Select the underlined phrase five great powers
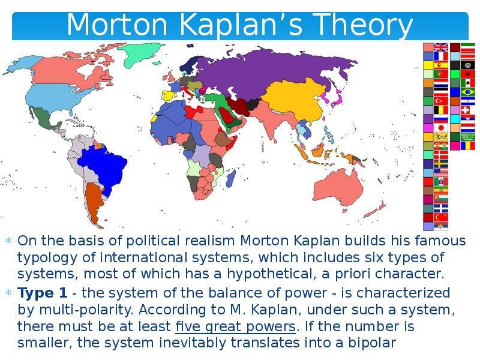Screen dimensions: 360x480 click(x=235, y=327)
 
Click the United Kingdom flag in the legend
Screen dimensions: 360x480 click(x=441, y=47)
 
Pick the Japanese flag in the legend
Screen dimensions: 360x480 click(x=441, y=128)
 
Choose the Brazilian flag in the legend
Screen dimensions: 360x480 click(x=469, y=92)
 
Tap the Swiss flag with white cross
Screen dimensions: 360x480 click(x=469, y=110)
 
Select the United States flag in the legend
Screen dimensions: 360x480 click(x=441, y=172)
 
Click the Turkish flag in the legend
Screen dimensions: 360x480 click(x=441, y=101)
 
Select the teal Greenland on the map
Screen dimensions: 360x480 click(x=144, y=53)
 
